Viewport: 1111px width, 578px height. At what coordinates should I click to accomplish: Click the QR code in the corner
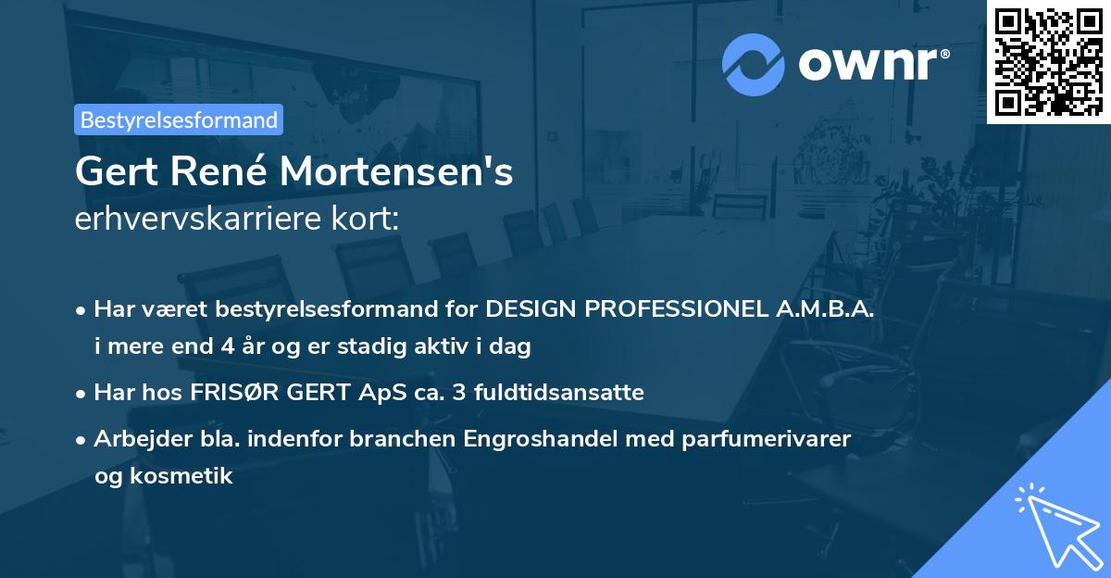(x=1048, y=62)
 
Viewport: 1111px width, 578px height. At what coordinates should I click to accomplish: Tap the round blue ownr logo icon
(x=754, y=64)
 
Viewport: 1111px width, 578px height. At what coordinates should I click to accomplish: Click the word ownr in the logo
(x=872, y=64)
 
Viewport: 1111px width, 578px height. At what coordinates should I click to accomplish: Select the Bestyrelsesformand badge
(x=179, y=119)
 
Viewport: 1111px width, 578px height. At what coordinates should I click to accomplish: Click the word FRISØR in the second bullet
(x=228, y=393)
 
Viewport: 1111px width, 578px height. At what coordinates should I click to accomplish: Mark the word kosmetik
(x=188, y=476)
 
